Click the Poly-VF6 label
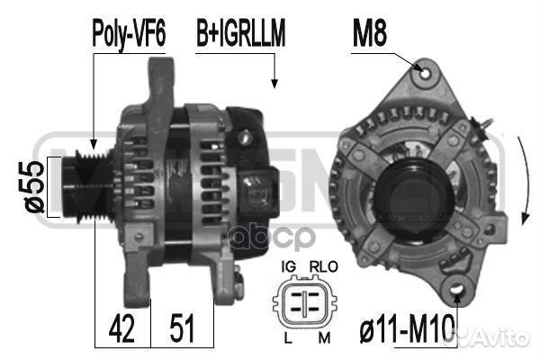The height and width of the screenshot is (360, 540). [x=129, y=34]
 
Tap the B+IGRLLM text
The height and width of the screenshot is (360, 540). [x=240, y=33]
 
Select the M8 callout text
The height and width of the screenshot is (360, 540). [x=370, y=33]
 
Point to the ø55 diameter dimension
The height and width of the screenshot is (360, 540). [x=35, y=186]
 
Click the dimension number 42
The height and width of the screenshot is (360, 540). [x=121, y=328]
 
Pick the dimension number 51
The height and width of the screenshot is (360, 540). [x=182, y=328]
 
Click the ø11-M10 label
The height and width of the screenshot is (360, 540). [x=407, y=329]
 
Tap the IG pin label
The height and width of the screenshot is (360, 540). [x=289, y=266]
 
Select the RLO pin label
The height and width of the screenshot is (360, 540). [x=324, y=266]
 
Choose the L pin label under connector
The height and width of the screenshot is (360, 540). [x=288, y=338]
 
